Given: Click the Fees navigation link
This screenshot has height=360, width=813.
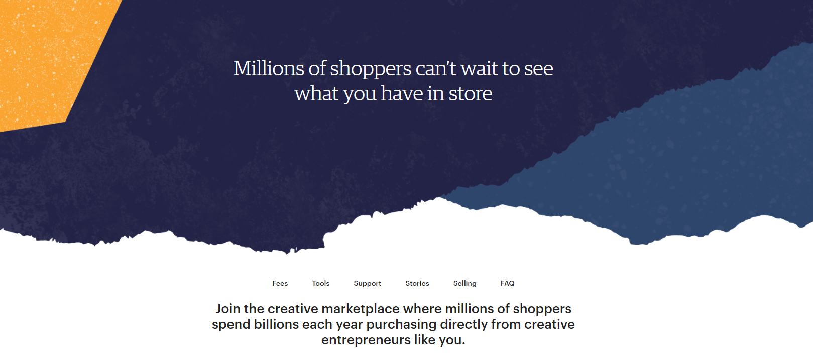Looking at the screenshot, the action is point(280,283).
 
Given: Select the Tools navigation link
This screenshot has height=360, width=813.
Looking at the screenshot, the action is point(320,283).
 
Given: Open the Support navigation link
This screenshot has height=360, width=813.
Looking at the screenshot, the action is point(367,283).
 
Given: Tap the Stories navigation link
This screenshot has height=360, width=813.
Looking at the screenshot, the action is point(417,283).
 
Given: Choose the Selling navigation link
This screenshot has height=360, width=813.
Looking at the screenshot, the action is point(464,283).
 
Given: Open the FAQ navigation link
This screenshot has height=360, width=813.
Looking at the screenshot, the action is point(507,283).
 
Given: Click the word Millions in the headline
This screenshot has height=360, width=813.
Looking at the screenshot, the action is point(269,68).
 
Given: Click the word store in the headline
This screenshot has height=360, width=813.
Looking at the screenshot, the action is point(471,94).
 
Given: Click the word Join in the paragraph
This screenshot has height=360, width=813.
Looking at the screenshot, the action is point(228,309).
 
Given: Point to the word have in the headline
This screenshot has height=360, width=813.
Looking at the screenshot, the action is point(402,93).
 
